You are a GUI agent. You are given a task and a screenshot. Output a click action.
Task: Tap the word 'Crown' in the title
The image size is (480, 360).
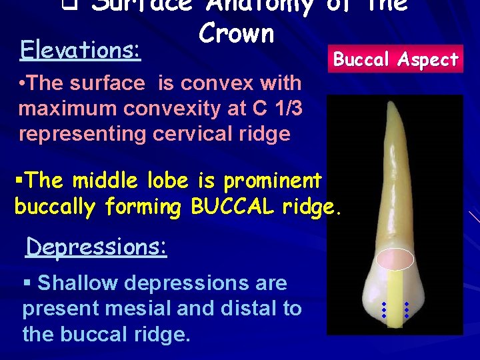[236, 33]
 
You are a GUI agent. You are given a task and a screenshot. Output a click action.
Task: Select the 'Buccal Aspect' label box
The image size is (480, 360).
[396, 60]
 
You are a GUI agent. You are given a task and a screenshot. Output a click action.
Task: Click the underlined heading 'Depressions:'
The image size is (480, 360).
[96, 247]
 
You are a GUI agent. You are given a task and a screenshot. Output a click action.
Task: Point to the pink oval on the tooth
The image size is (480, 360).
[395, 261]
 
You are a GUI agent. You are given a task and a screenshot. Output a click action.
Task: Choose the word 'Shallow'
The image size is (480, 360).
[78, 283]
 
